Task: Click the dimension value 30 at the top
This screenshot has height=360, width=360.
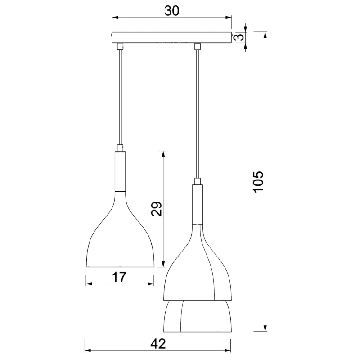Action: (x=172, y=11)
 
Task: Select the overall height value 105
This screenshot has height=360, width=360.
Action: (x=258, y=182)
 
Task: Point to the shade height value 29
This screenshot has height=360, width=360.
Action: (x=157, y=209)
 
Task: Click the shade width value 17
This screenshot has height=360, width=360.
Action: (x=119, y=277)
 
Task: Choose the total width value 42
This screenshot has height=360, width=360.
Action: (x=158, y=344)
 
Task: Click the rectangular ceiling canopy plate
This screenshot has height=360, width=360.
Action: (x=171, y=37)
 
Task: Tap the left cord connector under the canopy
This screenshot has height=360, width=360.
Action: (x=120, y=46)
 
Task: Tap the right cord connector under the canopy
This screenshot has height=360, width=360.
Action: (x=197, y=46)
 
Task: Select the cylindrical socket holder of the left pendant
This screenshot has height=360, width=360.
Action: (x=120, y=171)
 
